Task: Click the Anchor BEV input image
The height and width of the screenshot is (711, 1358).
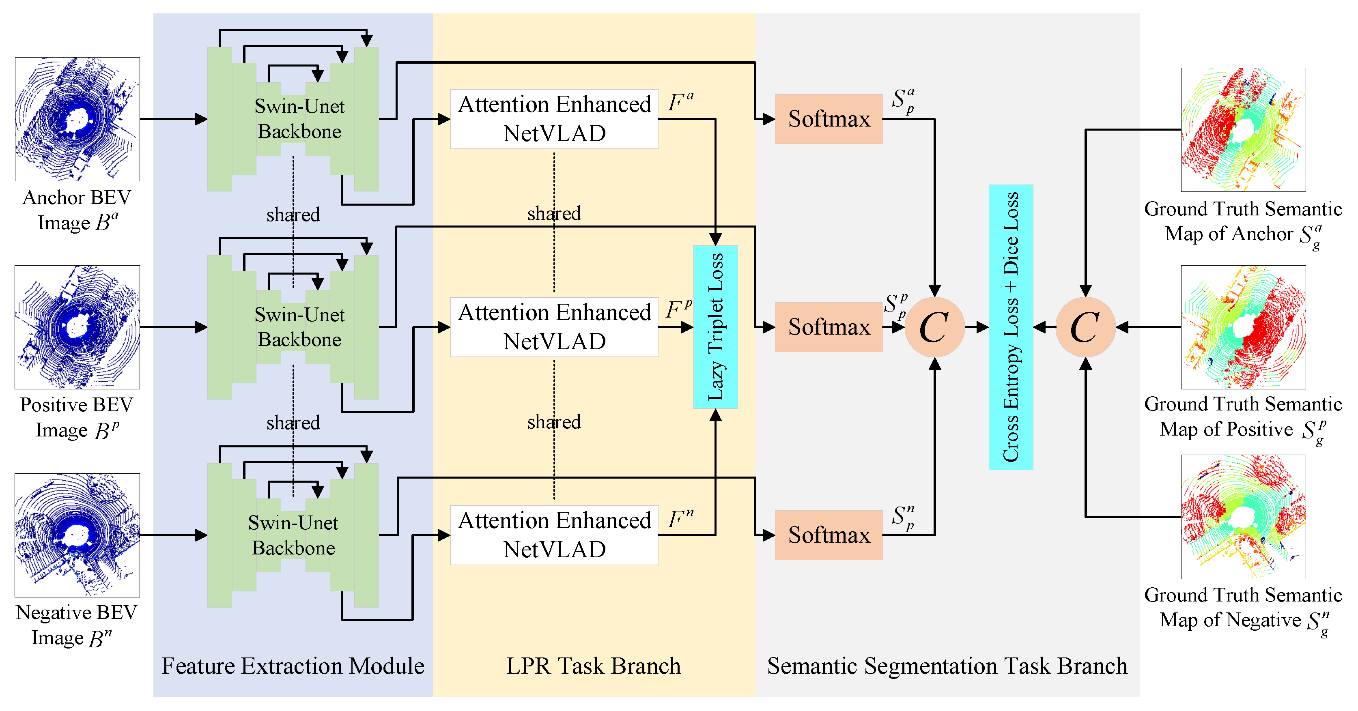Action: pos(77,119)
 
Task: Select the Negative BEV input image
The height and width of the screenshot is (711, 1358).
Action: pos(77,535)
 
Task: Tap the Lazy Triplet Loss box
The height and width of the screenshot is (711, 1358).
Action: pos(715,327)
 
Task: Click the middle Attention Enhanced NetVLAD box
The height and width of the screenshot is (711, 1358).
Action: pos(554,327)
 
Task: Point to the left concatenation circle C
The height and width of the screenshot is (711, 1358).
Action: pos(934,327)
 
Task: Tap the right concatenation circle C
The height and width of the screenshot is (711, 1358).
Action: pos(1085,327)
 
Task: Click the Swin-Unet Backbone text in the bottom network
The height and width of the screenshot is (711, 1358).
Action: pos(293,535)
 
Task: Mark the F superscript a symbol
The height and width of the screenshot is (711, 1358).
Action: pos(680,101)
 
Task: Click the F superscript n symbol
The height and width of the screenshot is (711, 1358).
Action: pos(680,519)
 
